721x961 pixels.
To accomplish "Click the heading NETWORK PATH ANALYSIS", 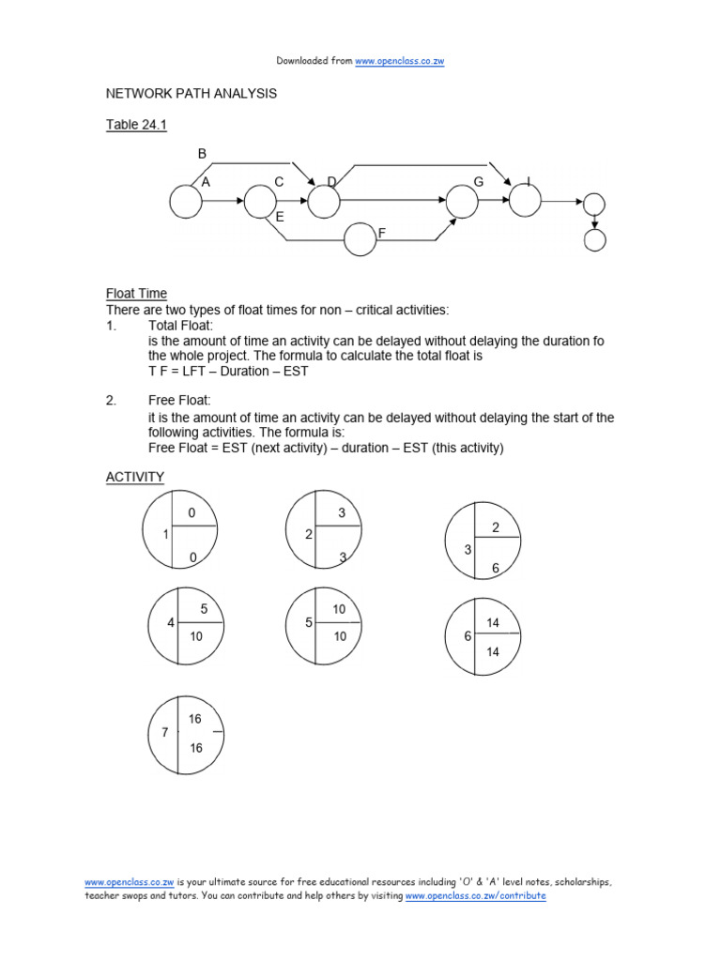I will click(x=191, y=94).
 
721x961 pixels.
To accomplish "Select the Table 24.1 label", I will click(x=136, y=125).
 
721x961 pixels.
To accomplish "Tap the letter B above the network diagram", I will click(x=202, y=154).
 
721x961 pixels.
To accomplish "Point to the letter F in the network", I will click(x=382, y=232).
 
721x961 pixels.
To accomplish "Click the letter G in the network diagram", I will click(x=478, y=182).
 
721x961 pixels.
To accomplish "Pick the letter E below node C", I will click(x=280, y=217).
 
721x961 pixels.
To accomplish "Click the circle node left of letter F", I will click(x=360, y=239).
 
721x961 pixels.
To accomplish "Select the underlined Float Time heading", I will click(x=136, y=294).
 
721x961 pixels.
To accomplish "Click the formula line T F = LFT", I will click(x=228, y=371).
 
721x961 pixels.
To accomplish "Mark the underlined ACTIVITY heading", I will click(x=134, y=478).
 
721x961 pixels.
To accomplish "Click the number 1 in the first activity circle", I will click(x=165, y=535).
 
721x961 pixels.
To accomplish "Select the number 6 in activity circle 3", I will click(x=496, y=569).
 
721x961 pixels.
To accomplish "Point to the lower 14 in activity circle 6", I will click(x=494, y=652).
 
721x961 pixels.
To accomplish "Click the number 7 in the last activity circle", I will click(x=165, y=733).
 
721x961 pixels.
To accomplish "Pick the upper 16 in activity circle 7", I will click(x=195, y=719).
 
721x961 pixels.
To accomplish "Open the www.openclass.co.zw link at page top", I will click(x=400, y=61).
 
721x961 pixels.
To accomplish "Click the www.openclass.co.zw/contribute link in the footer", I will click(x=475, y=896).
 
